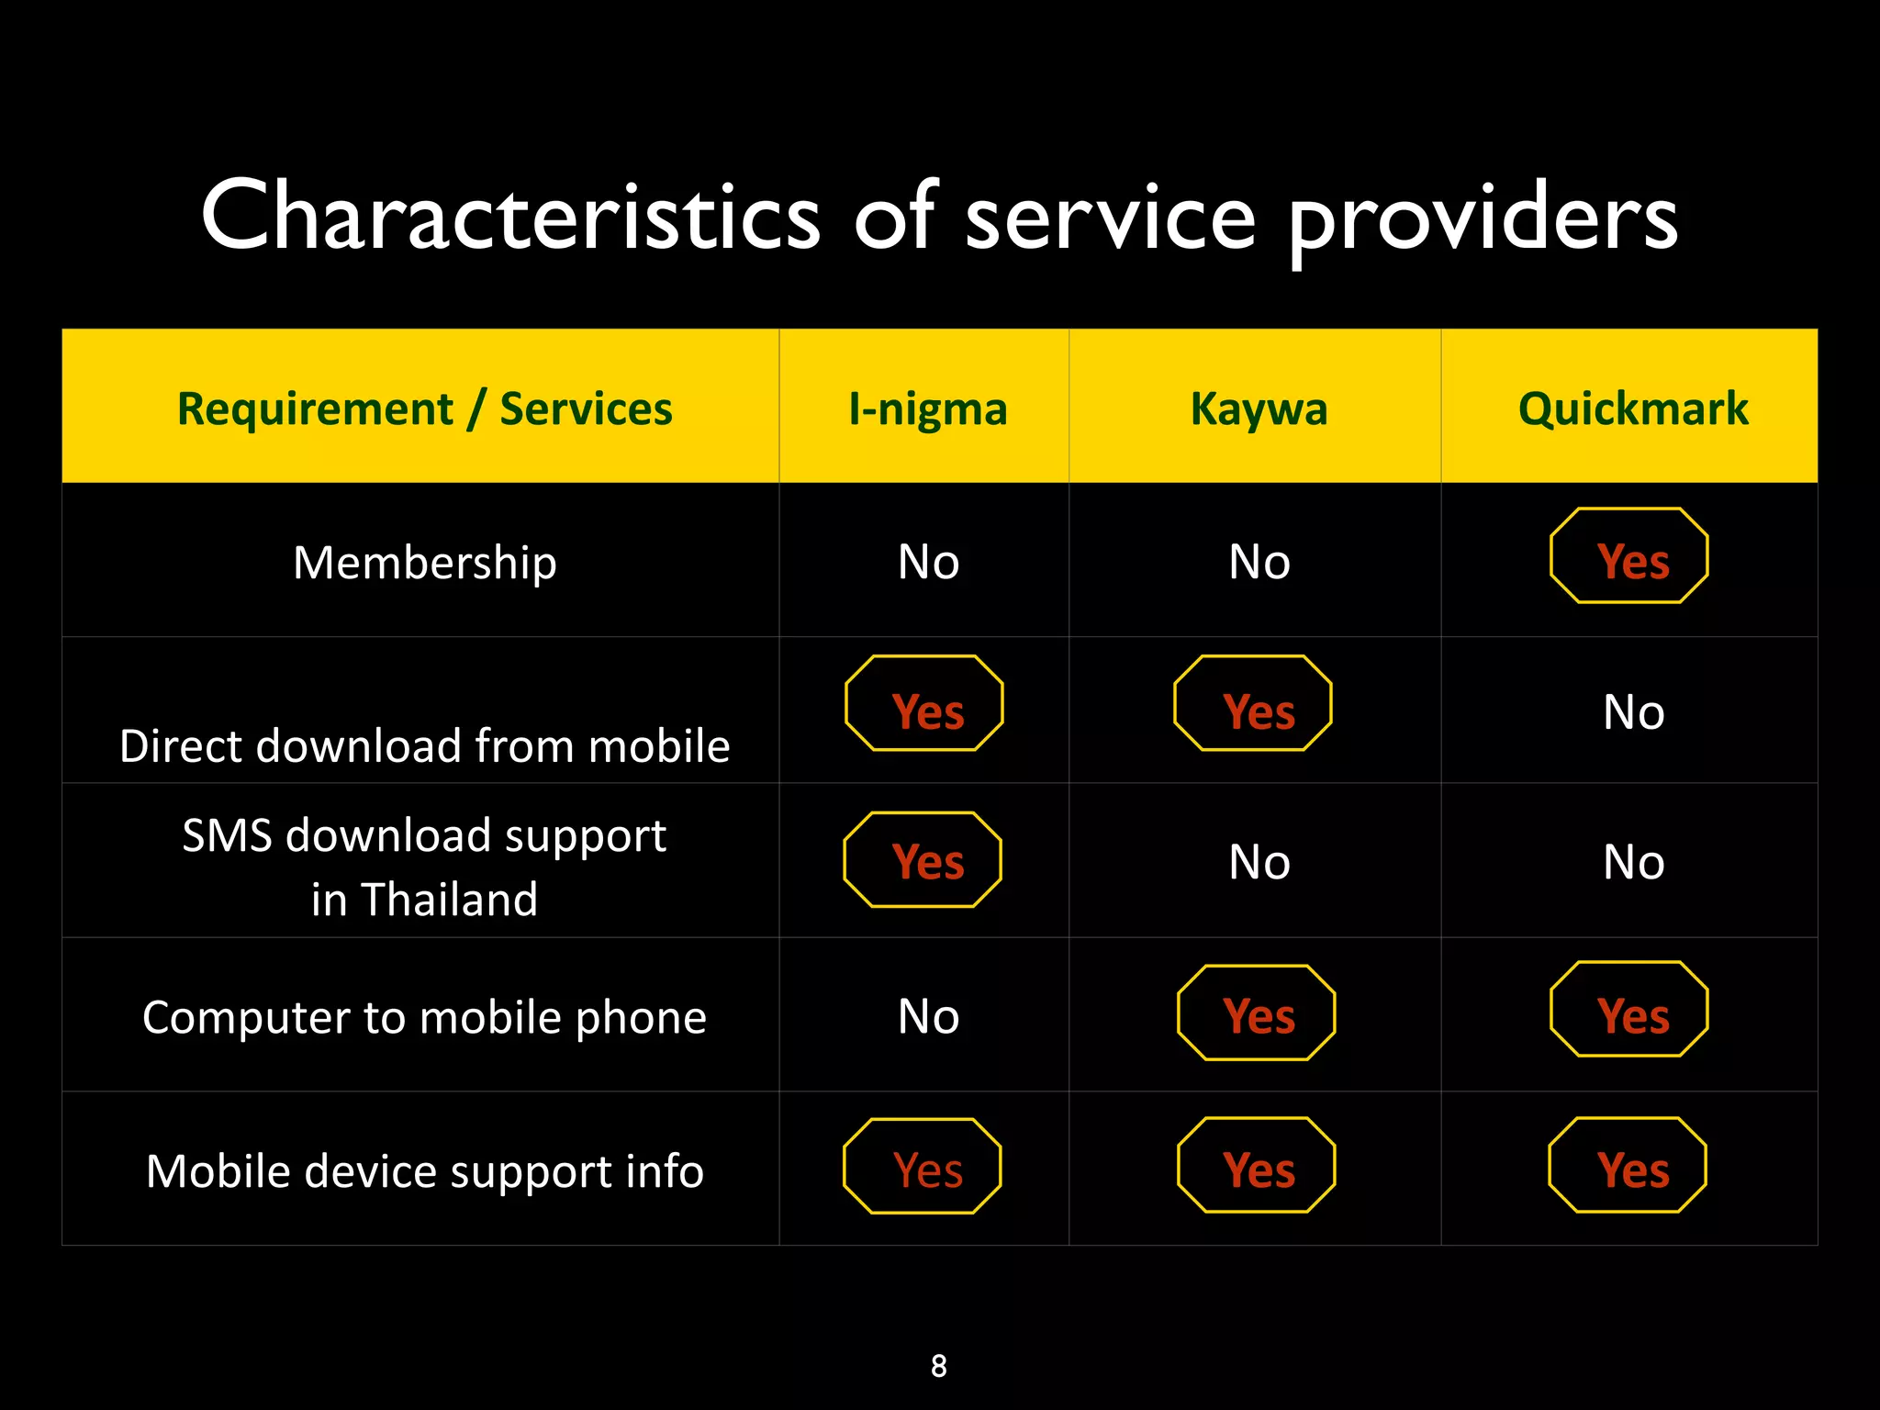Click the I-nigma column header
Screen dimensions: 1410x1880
927,409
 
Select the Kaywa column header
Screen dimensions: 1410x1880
1259,409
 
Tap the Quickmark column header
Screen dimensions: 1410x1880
1633,409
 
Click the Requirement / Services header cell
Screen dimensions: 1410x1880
424,409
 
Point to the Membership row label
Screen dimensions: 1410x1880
424,562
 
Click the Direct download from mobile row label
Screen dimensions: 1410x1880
424,745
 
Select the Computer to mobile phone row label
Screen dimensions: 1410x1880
424,1017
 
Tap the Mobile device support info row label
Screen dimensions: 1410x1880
424,1171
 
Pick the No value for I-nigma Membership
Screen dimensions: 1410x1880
928,562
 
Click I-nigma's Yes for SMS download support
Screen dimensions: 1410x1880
926,861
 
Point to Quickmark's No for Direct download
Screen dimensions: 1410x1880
1633,712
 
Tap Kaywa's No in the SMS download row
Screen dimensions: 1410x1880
1259,863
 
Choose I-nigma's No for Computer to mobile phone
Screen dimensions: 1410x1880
928,1017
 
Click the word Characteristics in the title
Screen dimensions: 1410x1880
510,217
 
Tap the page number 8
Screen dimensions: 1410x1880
938,1366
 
